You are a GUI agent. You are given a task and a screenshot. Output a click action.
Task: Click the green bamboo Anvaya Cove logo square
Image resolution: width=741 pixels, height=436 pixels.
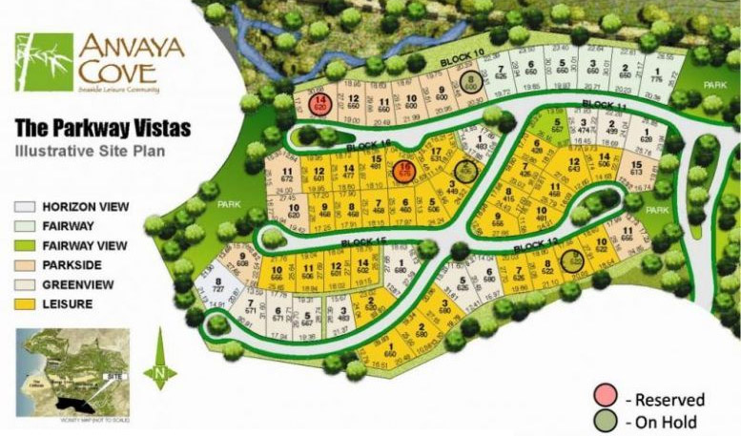(44, 62)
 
